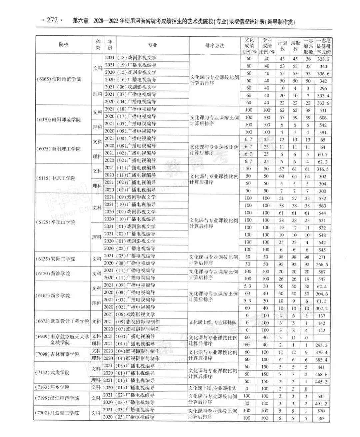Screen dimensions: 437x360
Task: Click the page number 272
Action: click(x=52, y=20)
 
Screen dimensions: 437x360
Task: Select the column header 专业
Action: click(x=152, y=45)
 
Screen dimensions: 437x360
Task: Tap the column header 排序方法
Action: click(x=215, y=46)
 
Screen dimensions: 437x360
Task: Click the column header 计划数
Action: click(x=282, y=46)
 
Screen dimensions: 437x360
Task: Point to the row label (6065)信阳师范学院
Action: click(x=59, y=79)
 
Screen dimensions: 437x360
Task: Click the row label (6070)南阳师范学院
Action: click(x=58, y=120)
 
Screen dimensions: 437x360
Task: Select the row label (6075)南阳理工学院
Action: click(x=58, y=149)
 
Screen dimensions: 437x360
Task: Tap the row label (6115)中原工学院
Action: click(x=56, y=178)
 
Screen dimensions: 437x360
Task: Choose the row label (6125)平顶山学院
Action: click(x=56, y=222)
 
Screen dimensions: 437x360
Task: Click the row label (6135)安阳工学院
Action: click(x=56, y=259)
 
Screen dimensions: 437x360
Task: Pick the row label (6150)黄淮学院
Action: click(x=53, y=274)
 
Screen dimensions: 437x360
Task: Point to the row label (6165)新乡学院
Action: click(x=53, y=296)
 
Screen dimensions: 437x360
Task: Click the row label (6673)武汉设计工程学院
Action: click(x=63, y=321)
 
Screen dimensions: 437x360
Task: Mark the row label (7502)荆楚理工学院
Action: click(x=57, y=413)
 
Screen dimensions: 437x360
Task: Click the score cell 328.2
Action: click(x=323, y=59)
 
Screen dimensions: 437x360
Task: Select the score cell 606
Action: click(x=323, y=118)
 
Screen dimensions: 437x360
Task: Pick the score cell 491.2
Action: click(x=321, y=404)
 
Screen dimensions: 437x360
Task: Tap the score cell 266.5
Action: click(x=322, y=265)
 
